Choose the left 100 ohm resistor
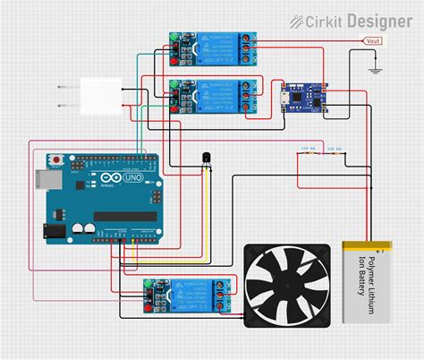click(307, 153)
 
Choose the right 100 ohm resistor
click(334, 153)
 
